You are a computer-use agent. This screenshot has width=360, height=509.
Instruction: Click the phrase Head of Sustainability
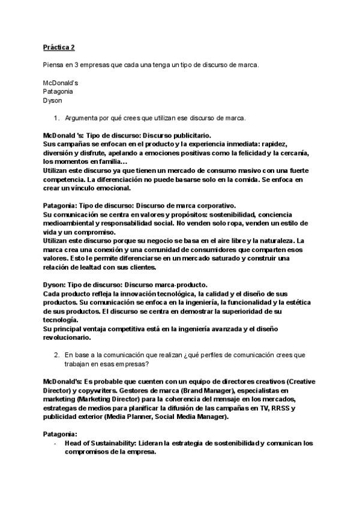(x=98, y=443)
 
